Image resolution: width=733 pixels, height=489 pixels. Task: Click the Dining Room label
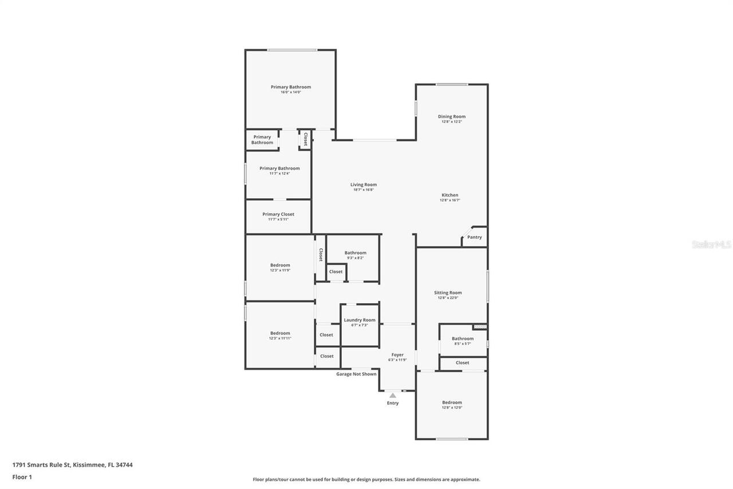tap(452, 116)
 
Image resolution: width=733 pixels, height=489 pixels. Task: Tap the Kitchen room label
tap(450, 195)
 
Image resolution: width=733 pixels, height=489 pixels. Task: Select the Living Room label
tap(364, 185)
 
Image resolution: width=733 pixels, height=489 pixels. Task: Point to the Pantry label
tap(474, 237)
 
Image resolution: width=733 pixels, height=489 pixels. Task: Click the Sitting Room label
tap(447, 292)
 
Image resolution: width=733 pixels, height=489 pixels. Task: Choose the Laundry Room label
tap(360, 320)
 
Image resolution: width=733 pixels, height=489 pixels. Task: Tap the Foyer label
tap(397, 355)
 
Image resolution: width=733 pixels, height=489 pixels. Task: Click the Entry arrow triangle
tap(392, 395)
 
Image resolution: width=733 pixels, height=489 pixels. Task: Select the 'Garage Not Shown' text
tap(356, 374)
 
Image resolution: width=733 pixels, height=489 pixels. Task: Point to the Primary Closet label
tap(278, 214)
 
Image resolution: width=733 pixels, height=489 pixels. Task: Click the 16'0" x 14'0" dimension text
tap(291, 92)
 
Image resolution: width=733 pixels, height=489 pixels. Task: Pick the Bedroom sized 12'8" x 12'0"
tap(452, 402)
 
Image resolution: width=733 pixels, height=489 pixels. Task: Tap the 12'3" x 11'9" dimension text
tap(280, 270)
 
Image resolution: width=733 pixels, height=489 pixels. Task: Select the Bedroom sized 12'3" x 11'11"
tap(280, 333)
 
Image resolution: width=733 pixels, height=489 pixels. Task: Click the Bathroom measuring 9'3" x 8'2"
tap(355, 253)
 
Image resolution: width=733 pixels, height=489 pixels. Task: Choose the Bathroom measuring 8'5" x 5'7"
tap(462, 338)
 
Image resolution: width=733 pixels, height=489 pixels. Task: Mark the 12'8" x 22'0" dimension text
tap(447, 298)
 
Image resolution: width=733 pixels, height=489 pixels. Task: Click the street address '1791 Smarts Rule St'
tap(41, 465)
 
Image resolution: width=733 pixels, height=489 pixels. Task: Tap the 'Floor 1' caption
tap(22, 477)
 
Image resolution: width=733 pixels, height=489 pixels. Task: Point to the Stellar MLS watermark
tap(711, 244)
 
